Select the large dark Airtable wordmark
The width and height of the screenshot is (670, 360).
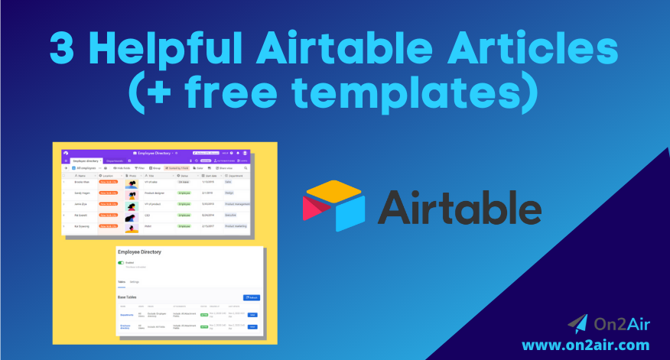point(459,206)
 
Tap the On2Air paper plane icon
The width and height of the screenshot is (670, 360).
point(578,323)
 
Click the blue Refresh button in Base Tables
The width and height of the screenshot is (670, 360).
point(251,297)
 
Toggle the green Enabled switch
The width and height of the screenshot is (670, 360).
point(120,263)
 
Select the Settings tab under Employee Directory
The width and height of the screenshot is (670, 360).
point(135,282)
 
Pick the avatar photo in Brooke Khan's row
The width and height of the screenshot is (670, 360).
point(132,183)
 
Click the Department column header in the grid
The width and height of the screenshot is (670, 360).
point(233,176)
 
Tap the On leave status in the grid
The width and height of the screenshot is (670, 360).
point(184,183)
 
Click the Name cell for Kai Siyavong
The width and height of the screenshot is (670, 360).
point(83,226)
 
